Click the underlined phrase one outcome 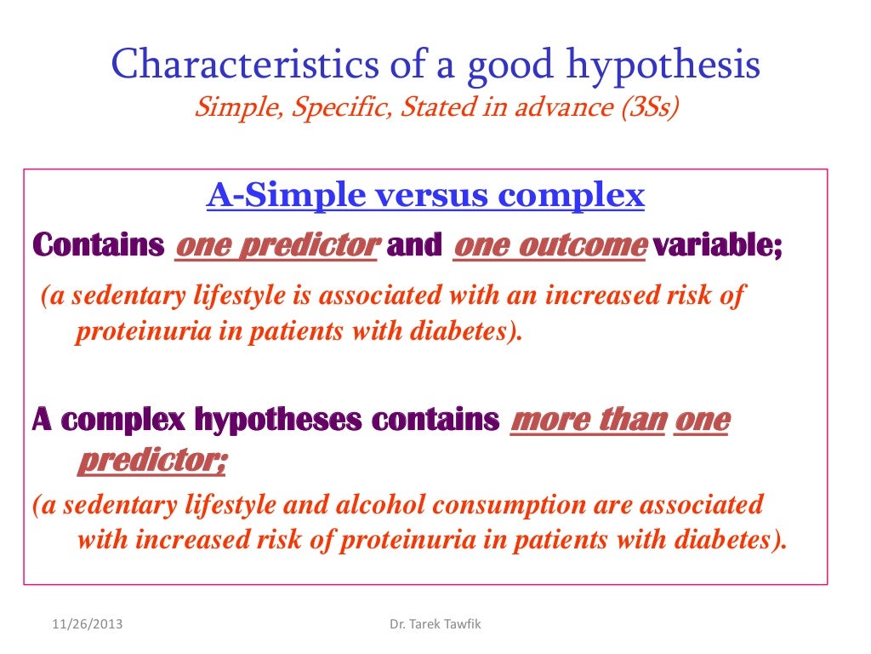549,246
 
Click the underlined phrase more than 587,421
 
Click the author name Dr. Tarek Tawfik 435,625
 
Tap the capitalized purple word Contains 98,246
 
